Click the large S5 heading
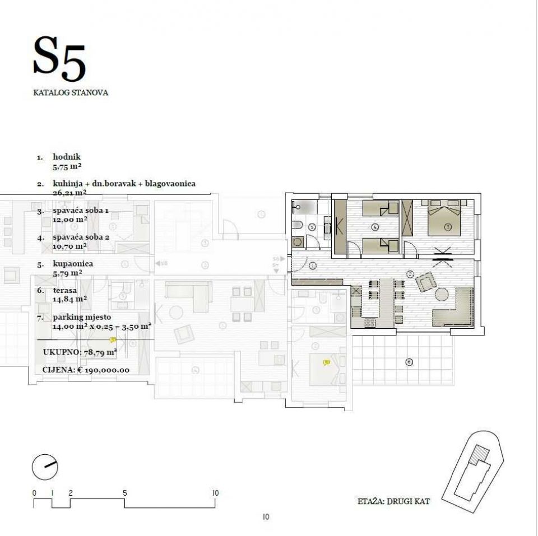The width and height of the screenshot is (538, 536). tap(59, 57)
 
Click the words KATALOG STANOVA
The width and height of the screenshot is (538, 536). tap(71, 93)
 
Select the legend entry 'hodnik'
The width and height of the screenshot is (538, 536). tap(67, 157)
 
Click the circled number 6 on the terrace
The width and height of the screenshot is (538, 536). tap(409, 362)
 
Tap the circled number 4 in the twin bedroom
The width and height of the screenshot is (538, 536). tap(374, 227)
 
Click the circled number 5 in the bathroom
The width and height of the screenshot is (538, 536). tap(312, 227)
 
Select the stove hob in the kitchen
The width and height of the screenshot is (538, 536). tap(369, 322)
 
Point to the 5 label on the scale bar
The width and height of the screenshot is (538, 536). tap(124, 493)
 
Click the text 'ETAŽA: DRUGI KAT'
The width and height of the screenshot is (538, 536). tap(393, 501)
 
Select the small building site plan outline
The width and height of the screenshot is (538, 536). tap(473, 470)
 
